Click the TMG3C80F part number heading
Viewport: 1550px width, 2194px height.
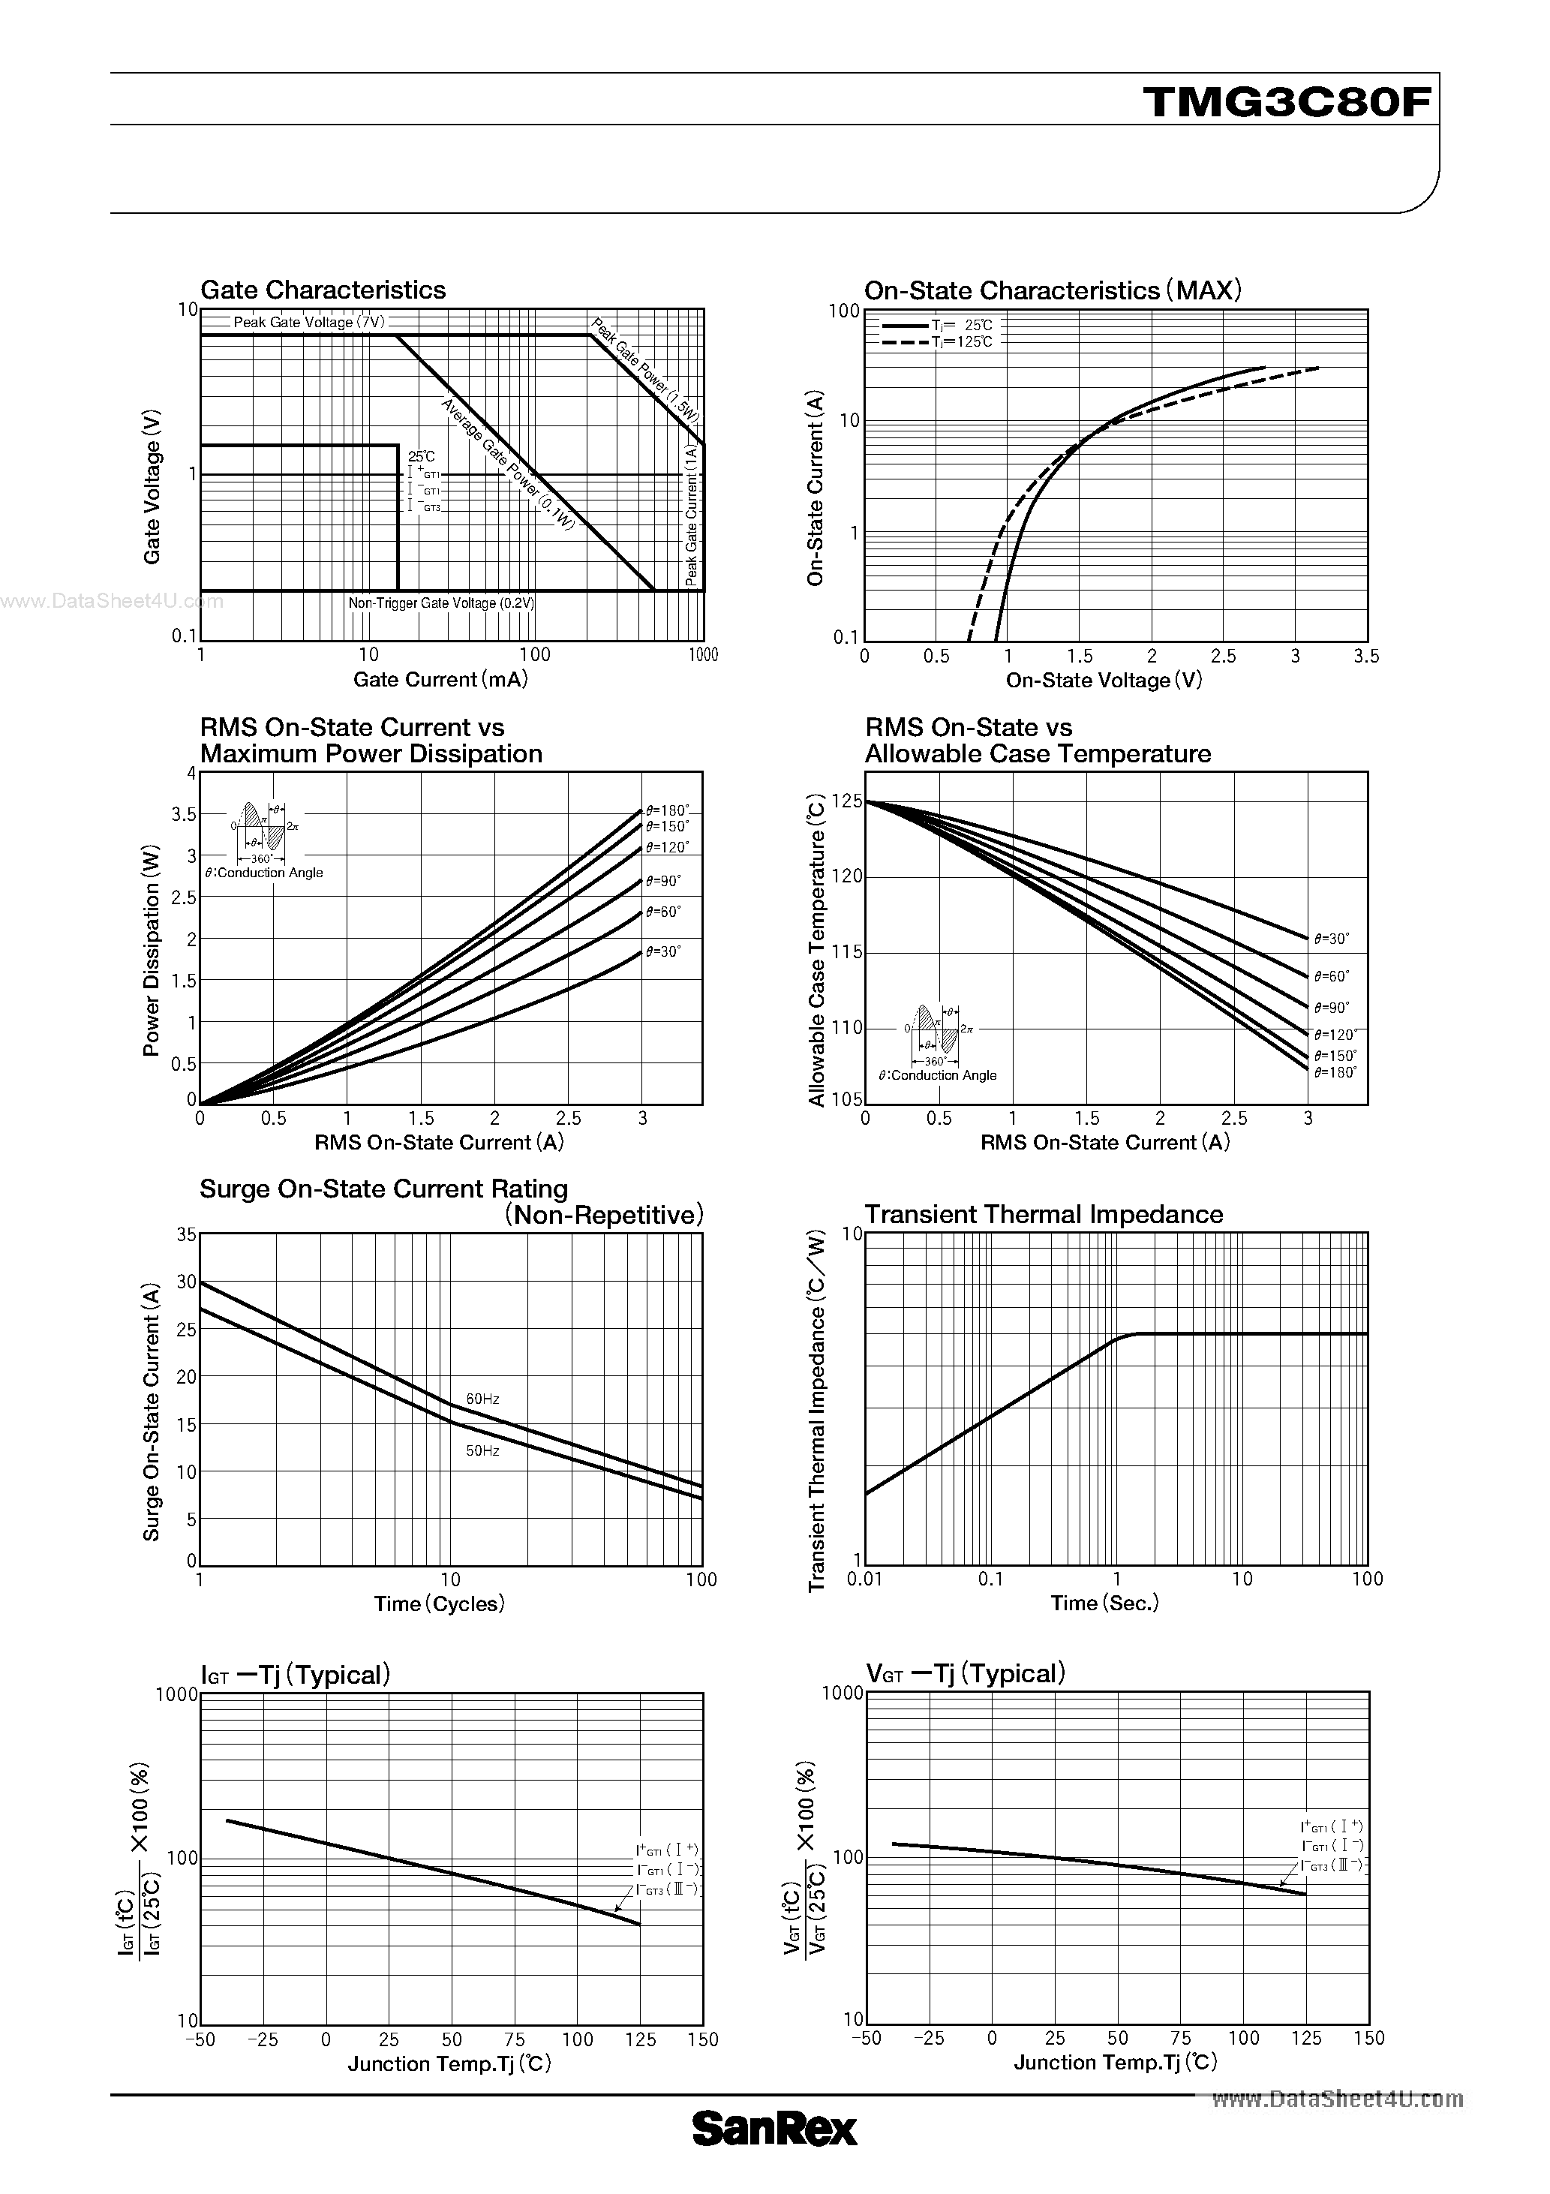tap(1287, 101)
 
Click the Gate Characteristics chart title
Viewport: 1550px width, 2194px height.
tap(323, 290)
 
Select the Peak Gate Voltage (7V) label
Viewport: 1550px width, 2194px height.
tap(308, 322)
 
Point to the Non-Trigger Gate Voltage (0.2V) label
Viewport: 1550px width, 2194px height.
tap(440, 604)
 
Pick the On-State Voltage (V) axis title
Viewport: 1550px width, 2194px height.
tap(1104, 681)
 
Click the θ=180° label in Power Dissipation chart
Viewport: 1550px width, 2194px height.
tap(667, 810)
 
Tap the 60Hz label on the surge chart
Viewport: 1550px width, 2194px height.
tap(482, 1399)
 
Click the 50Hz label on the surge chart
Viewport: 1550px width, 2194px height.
tap(482, 1450)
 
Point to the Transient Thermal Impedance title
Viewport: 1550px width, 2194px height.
tap(1044, 1215)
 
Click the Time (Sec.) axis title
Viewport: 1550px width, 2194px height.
tap(1104, 1603)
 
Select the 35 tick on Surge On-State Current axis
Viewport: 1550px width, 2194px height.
tap(185, 1234)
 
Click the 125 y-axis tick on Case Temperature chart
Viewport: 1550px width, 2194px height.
tap(847, 801)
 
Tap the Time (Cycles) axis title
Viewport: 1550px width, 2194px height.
tap(439, 1603)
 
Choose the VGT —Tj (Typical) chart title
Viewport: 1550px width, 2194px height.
tap(965, 1674)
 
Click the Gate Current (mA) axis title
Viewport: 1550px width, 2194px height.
tap(440, 679)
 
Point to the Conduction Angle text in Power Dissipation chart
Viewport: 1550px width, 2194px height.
tap(265, 873)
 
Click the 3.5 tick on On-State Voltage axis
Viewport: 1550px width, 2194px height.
tap(1366, 657)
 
